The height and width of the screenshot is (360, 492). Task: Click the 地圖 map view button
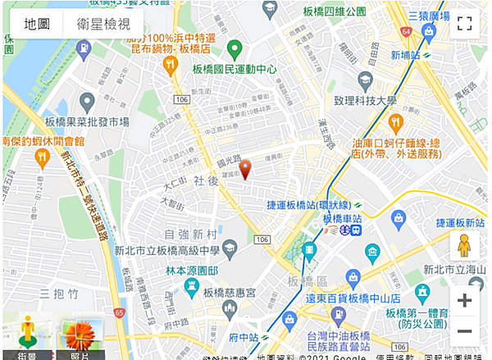pos(36,25)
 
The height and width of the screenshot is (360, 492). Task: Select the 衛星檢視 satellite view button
pos(103,25)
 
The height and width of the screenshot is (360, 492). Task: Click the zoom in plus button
pos(464,300)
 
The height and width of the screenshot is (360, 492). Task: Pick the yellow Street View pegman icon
pos(464,246)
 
